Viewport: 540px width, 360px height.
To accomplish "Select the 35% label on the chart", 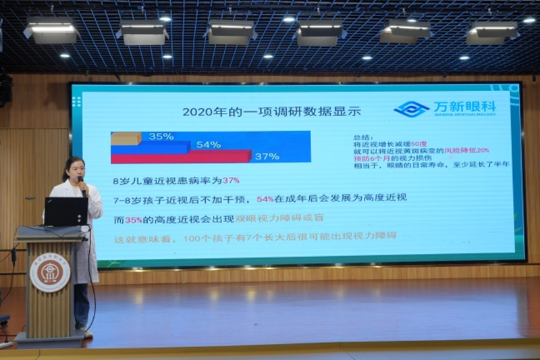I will point(161,136).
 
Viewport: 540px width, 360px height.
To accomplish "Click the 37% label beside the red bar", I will point(267,157).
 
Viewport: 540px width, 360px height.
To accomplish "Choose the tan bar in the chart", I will point(126,138).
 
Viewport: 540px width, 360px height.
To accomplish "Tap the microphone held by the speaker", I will point(82,185).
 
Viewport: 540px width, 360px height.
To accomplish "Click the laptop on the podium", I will point(65,211).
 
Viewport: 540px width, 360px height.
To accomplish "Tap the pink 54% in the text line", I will point(265,199).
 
